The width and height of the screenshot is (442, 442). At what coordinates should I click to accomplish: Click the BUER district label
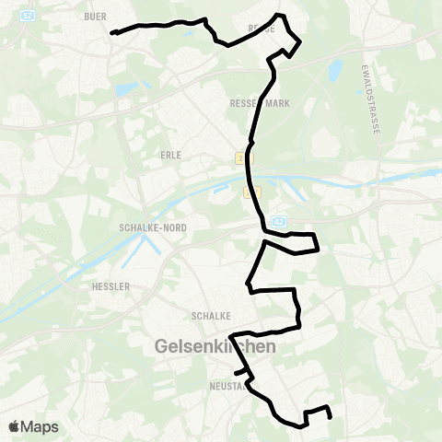[x=95, y=17]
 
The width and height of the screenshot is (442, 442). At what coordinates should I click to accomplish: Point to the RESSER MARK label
[x=260, y=104]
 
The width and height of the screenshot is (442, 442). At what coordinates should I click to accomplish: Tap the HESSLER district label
[x=110, y=286]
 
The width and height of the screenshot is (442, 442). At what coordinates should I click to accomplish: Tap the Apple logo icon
[x=14, y=426]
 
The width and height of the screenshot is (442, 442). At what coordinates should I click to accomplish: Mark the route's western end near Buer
[x=112, y=33]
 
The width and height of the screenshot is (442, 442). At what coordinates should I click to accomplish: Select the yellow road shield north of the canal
[x=242, y=158]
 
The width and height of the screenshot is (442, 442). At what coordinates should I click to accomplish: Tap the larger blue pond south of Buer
[x=122, y=89]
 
